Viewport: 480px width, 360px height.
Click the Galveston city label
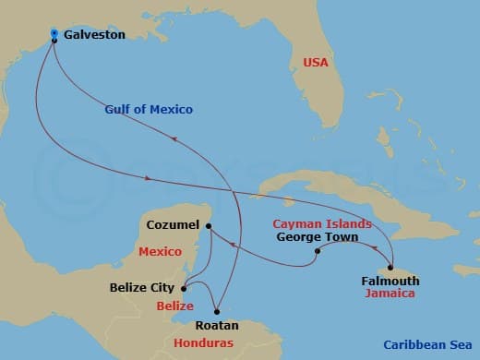point(95,34)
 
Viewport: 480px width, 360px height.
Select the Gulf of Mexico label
point(148,110)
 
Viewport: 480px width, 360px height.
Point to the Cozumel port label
point(173,225)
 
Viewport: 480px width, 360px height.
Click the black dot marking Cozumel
point(209,226)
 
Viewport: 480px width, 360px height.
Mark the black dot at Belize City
point(184,287)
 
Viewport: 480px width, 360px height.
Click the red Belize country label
point(174,306)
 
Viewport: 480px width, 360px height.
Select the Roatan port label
point(217,326)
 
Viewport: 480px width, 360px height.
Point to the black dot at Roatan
point(217,310)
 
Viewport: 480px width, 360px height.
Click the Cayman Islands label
point(322,223)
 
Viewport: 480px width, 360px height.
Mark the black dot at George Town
point(317,251)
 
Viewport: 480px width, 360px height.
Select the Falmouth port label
point(390,281)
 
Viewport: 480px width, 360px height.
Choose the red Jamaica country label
point(389,294)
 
